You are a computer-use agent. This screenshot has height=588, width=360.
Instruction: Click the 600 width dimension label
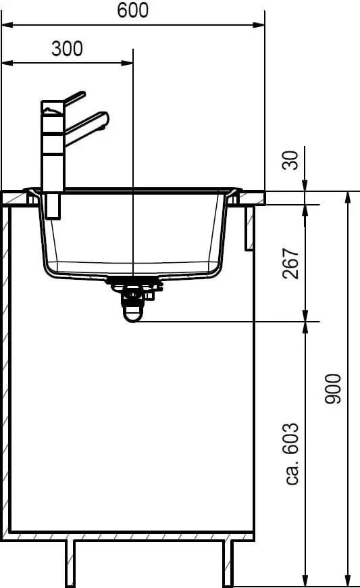(132, 10)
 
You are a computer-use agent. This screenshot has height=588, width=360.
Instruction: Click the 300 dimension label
(67, 49)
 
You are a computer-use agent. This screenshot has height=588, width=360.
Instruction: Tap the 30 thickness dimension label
(290, 160)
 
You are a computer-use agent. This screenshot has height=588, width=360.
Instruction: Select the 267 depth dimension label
(290, 264)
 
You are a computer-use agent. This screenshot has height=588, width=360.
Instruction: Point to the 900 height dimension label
(333, 389)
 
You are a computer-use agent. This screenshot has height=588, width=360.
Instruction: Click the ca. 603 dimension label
(292, 454)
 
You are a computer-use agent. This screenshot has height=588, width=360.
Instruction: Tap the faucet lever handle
(74, 97)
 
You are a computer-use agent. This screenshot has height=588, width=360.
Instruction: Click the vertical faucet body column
(53, 146)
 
